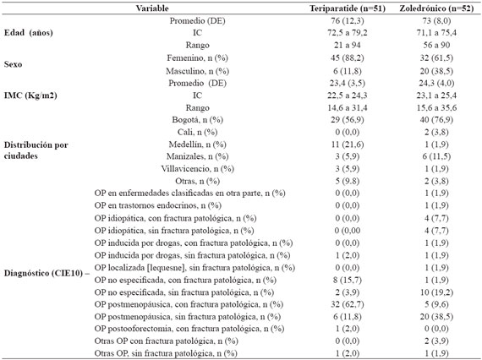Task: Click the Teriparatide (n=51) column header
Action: (347, 8)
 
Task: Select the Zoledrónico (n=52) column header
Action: (436, 8)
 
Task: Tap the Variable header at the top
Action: (152, 8)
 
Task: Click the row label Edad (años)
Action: (28, 33)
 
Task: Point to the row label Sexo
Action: (13, 64)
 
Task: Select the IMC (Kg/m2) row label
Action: (30, 95)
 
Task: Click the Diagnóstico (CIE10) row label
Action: (43, 273)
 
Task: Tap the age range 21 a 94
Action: (347, 45)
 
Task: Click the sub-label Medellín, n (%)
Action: (197, 145)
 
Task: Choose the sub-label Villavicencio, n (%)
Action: (197, 169)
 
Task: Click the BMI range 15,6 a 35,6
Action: (436, 108)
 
